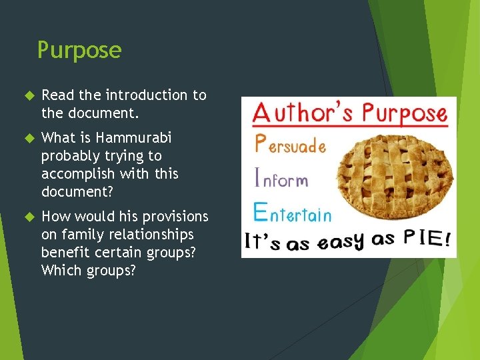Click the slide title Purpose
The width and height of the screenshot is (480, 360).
[79, 50]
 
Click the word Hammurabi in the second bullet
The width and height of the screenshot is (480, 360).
[133, 138]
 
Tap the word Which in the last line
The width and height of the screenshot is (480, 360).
[59, 271]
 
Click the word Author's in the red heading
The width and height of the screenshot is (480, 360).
[300, 113]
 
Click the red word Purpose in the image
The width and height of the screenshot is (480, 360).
[401, 113]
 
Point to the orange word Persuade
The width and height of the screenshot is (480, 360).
[291, 145]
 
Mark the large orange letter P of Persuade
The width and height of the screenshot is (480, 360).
[261, 143]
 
